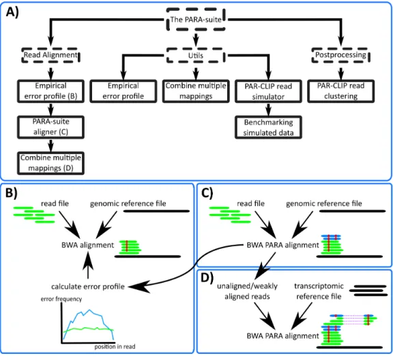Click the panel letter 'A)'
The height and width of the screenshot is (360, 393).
12,12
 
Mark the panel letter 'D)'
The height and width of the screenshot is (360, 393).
207,277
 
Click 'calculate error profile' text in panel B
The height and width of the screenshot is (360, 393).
88,286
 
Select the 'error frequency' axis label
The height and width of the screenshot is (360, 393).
61,299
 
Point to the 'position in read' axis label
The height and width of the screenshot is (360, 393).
115,346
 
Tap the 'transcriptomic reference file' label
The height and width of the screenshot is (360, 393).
319,291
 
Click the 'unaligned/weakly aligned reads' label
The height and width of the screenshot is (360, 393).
247,291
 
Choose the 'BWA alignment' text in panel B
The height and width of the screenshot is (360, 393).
88,245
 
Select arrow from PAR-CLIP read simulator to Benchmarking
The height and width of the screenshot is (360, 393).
268,109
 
